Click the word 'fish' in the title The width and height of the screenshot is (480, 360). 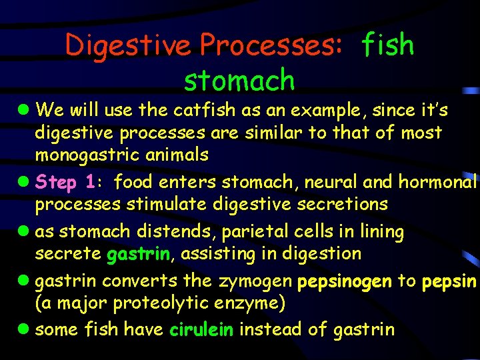[x=387, y=45]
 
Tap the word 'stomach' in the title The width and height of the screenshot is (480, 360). [x=239, y=81]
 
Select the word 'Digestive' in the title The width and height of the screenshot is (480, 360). [x=128, y=45]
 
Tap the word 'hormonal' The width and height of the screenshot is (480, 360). [x=438, y=181]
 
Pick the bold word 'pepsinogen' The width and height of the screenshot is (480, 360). [x=345, y=281]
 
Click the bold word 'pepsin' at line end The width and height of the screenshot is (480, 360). [x=449, y=281]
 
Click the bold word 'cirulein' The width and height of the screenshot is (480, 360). [x=201, y=329]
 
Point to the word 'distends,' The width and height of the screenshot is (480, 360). [x=173, y=232]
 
